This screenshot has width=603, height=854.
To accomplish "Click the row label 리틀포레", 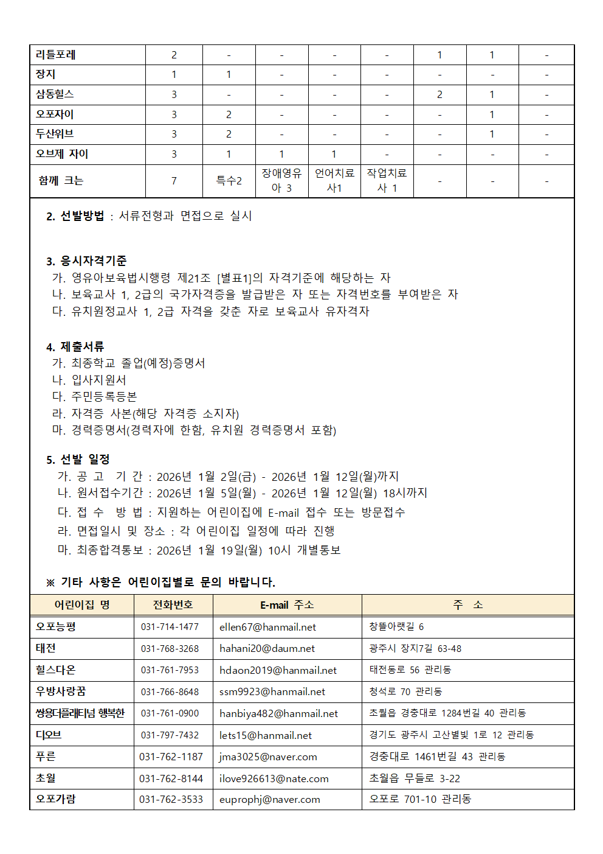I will point(56,55).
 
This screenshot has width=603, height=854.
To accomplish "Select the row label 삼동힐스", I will point(55,94).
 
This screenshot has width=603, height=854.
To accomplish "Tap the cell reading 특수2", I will point(229,181).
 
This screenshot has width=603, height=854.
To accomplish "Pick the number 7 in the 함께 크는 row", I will point(174,181).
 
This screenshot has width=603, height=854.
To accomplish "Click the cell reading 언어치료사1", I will point(334,181).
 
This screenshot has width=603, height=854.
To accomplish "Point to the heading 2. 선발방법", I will point(75,216).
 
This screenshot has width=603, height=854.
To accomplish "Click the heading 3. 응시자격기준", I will point(86,261).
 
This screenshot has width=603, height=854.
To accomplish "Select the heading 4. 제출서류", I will point(75,346).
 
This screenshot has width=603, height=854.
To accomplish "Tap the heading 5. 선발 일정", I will point(78,459).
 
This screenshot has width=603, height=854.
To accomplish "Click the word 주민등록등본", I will point(104,396).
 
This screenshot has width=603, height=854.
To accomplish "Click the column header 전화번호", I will point(173,604).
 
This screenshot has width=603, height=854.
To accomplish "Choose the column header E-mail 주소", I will point(287,604).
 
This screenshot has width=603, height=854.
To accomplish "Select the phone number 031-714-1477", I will point(170,627).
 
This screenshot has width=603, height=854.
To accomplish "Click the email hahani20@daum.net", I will point(267,649).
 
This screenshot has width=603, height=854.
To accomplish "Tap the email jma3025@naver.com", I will point(268,757).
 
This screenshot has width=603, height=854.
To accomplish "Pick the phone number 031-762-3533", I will point(171,799).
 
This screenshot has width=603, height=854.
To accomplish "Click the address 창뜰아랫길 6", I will point(396,626).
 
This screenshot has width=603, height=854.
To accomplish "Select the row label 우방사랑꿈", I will point(61,691).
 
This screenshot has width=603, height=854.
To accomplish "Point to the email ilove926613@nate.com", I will point(274,779).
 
